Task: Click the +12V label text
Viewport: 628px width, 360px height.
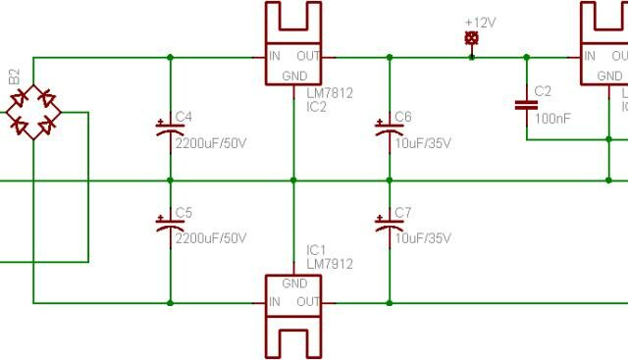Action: point(481,22)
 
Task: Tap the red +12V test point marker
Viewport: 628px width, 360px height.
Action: point(472,38)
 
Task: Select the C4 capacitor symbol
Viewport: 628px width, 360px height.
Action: point(164,127)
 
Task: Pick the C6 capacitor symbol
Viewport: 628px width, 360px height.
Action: point(384,127)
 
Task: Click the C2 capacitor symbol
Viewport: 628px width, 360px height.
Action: point(527,102)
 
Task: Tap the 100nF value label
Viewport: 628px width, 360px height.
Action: point(552,119)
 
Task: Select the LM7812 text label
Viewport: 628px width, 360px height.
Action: point(329,93)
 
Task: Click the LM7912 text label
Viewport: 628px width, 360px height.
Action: point(329,264)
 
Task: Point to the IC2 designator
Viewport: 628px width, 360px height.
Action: point(316,105)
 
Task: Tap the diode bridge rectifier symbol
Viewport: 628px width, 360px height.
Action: point(32,111)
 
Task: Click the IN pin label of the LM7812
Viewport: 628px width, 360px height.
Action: point(277,56)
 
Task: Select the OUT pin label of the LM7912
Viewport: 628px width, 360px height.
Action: point(308,301)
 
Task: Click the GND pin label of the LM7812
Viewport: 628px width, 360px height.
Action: point(294,76)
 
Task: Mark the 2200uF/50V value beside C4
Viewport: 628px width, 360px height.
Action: point(210,143)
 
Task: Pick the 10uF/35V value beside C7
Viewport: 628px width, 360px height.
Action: point(423,239)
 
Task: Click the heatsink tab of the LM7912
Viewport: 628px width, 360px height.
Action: point(294,338)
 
